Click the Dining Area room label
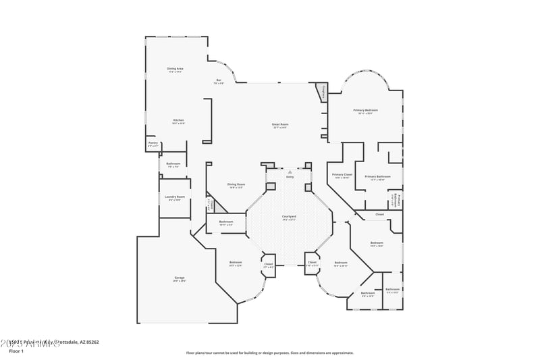(175, 68)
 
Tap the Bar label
(219, 80)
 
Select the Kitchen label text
(178, 120)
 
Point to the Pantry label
(153, 143)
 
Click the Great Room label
(280, 124)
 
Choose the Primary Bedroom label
(365, 109)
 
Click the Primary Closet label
(342, 175)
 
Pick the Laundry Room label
(174, 197)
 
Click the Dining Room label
(236, 184)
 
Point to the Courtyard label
(289, 216)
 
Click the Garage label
(179, 278)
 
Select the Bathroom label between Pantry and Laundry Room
(173, 163)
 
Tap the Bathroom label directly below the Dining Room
(225, 222)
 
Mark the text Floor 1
(16, 351)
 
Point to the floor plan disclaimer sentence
(269, 353)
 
